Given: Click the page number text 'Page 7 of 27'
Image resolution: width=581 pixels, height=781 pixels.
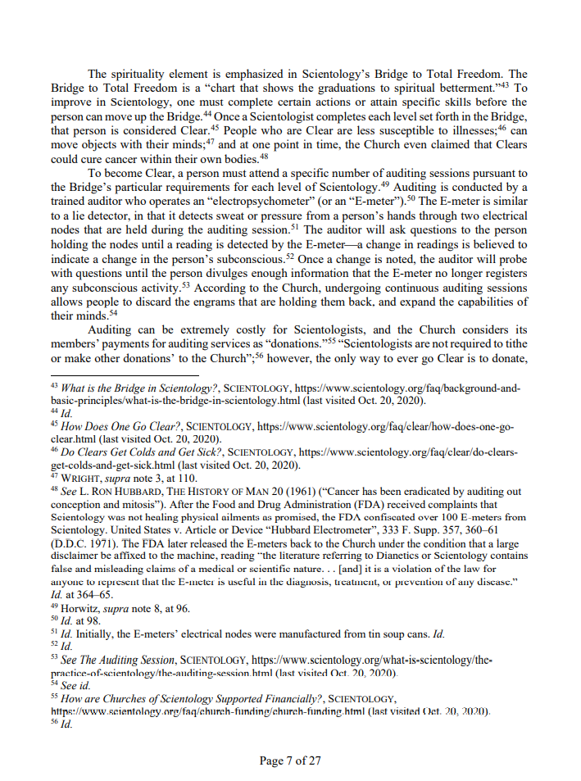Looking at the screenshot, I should pyautogui.click(x=290, y=761).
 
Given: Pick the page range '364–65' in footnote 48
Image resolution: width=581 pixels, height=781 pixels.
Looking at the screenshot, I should pyautogui.click(x=92, y=595).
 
